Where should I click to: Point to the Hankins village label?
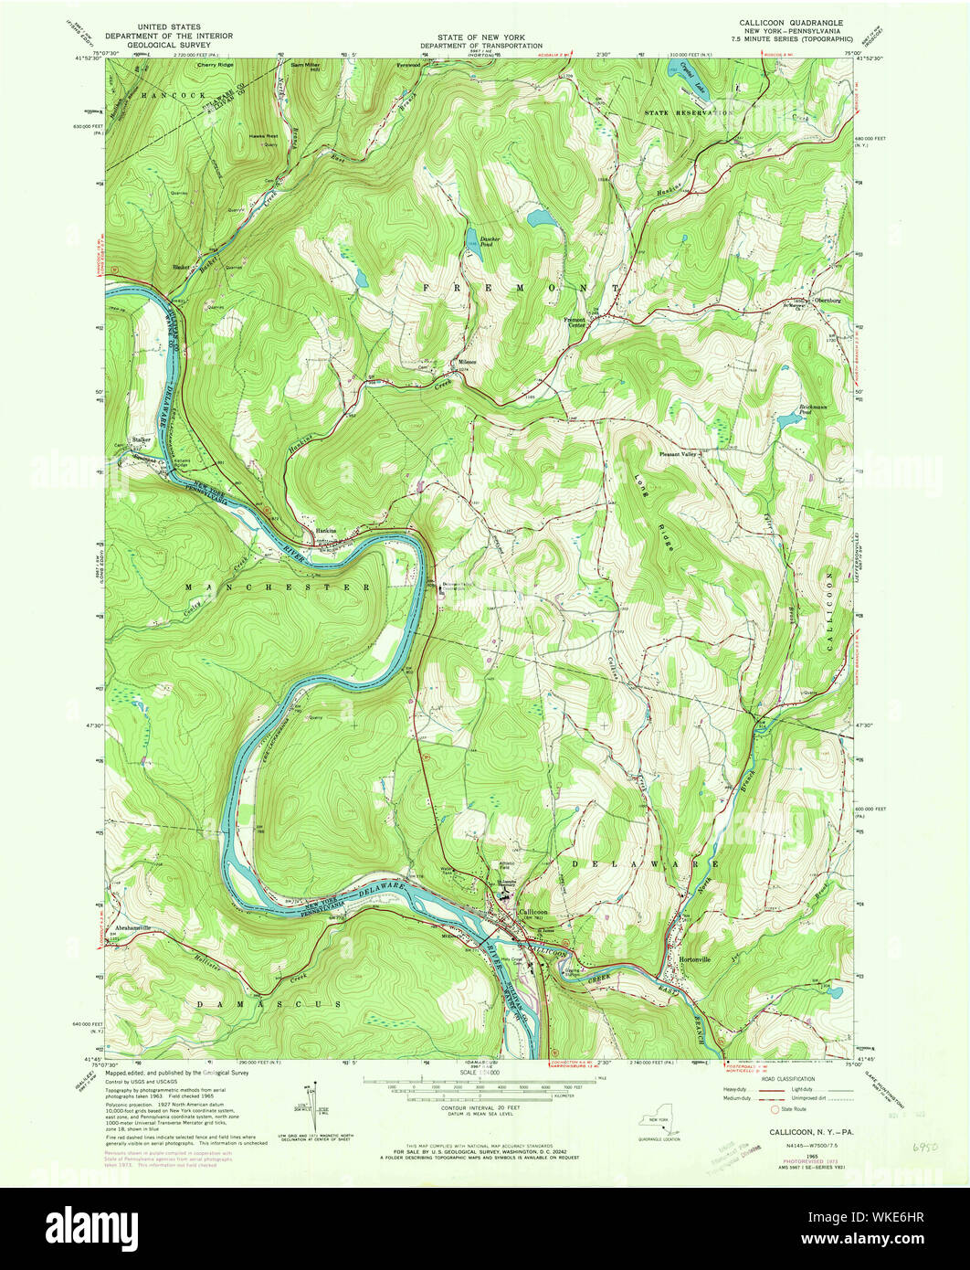[326, 530]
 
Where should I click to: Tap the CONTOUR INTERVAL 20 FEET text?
[484, 1103]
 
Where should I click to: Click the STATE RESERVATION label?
[689, 112]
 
